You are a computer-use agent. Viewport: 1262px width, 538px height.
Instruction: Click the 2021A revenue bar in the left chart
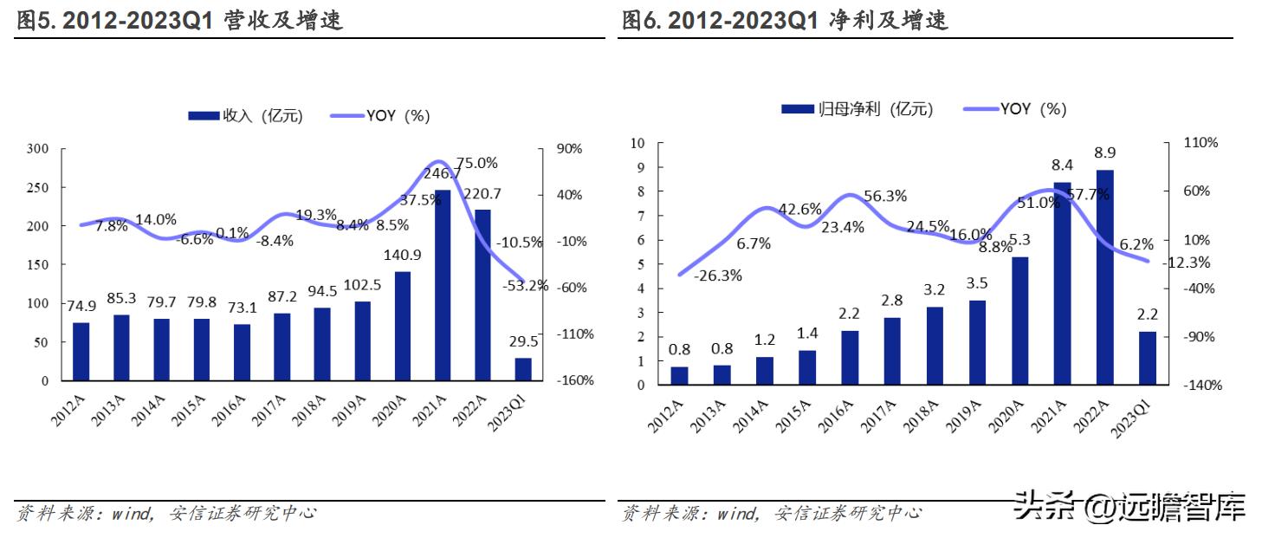pyautogui.click(x=443, y=286)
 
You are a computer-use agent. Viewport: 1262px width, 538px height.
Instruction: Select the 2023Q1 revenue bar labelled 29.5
pyautogui.click(x=523, y=369)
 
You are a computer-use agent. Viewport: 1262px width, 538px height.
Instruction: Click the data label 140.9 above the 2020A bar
pyautogui.click(x=403, y=255)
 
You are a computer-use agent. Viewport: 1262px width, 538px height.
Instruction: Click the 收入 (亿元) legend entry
pyautogui.click(x=245, y=115)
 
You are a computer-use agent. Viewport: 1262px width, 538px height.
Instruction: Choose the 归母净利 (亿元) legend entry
pyautogui.click(x=858, y=109)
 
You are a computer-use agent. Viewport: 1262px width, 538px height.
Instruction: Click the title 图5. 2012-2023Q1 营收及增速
pyautogui.click(x=180, y=21)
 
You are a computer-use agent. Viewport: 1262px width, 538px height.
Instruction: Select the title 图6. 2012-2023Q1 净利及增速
pyautogui.click(x=785, y=21)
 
